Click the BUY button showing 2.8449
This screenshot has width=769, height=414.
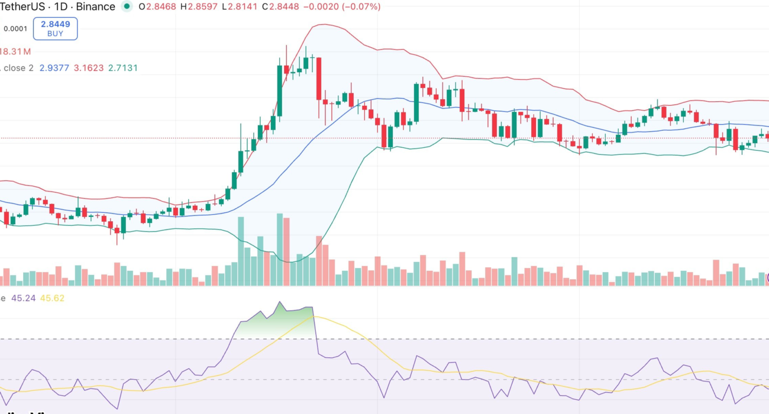click(x=56, y=28)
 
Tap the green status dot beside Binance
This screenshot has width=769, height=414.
click(x=126, y=7)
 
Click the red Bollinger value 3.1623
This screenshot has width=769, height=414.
click(x=88, y=68)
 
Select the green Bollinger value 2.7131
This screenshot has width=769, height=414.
click(x=122, y=68)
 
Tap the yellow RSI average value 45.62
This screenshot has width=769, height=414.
click(x=51, y=298)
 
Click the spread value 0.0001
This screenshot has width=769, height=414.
click(x=15, y=28)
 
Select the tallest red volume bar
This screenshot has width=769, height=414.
click(x=287, y=252)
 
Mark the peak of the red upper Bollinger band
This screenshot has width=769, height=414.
click(x=322, y=25)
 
